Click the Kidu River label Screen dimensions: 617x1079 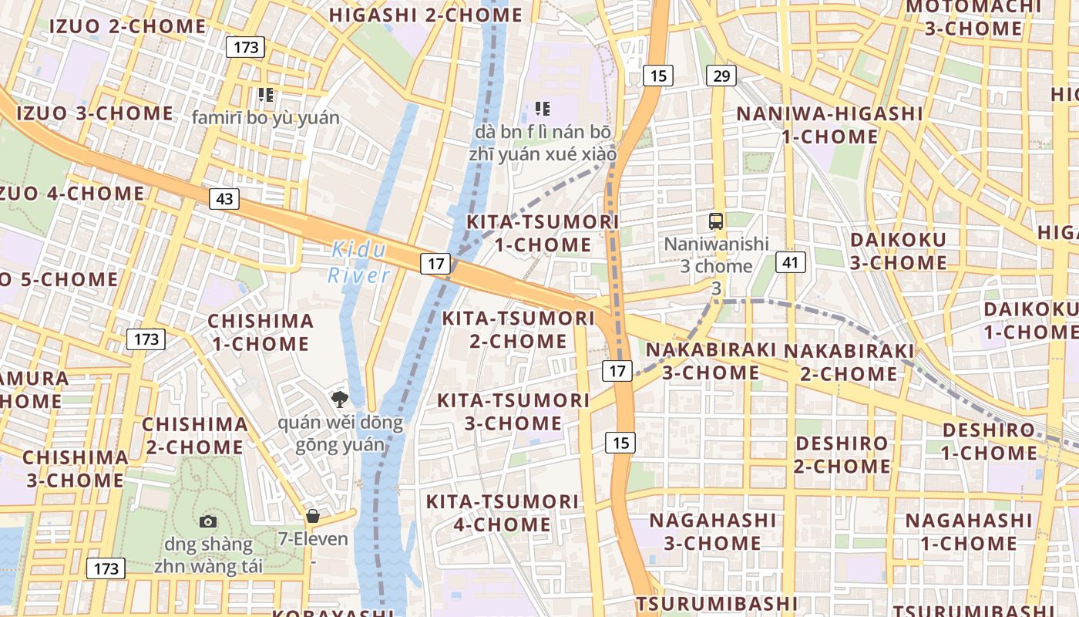coord(359,262)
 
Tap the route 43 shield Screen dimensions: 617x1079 coord(224,199)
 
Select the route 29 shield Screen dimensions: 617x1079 coord(721,76)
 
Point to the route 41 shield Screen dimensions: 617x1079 coord(790,262)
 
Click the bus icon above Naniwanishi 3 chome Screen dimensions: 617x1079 coord(716,221)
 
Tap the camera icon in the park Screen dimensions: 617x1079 coord(208,522)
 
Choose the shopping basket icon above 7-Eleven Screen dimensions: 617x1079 coord(313,516)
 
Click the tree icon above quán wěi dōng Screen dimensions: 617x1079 coord(338,399)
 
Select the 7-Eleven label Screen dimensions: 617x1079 coord(314,538)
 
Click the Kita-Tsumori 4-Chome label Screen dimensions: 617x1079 coord(502,513)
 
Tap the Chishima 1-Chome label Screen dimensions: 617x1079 coord(261,332)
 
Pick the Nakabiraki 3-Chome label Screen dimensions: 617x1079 coord(711,361)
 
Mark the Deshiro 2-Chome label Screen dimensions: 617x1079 coord(842,455)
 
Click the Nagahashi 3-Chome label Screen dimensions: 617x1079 coord(712,531)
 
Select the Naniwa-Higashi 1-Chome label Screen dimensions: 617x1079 coord(829,125)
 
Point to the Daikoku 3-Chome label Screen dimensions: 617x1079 coord(899,251)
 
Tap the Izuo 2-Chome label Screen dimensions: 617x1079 coord(128,25)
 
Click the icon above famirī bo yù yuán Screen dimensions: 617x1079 coord(266,95)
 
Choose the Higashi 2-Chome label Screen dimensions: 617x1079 coord(425,15)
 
